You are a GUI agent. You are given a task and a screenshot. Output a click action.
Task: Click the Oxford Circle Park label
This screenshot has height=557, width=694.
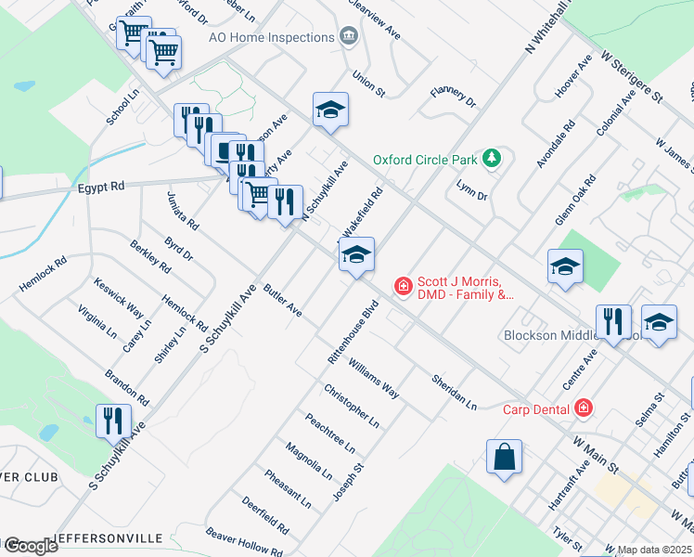pyautogui.click(x=425, y=160)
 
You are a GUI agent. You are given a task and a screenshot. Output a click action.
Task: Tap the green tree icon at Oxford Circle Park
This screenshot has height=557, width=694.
pyautogui.click(x=492, y=159)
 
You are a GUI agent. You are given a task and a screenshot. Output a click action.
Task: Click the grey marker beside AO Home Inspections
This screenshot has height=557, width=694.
pyautogui.click(x=348, y=37)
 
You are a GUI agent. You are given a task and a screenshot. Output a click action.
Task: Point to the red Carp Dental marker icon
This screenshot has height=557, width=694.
pyautogui.click(x=583, y=408)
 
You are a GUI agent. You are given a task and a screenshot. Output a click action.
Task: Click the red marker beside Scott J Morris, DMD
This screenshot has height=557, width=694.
pyautogui.click(x=404, y=286)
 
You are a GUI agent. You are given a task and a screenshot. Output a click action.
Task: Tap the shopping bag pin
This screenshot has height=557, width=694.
pyautogui.click(x=504, y=456)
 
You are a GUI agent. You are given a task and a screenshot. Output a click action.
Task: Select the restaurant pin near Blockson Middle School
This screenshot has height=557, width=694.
pyautogui.click(x=613, y=320)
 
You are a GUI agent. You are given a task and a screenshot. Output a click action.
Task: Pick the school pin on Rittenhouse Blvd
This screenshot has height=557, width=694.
pyautogui.click(x=356, y=253)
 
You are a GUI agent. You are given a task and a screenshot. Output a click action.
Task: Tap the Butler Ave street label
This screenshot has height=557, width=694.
pyautogui.click(x=282, y=301)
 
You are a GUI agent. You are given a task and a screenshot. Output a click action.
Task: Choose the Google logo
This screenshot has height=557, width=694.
pyautogui.click(x=30, y=546)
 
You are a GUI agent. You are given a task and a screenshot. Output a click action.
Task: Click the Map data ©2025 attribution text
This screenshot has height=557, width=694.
pyautogui.click(x=654, y=550)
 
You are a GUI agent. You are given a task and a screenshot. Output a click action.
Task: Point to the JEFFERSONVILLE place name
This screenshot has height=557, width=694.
pyautogui.click(x=108, y=538)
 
